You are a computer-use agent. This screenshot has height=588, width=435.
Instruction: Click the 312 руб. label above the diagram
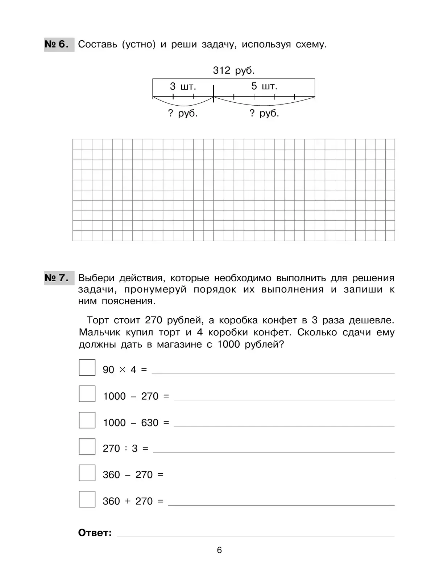click(x=233, y=70)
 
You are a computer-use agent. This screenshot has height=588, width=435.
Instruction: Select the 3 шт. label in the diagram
click(x=183, y=86)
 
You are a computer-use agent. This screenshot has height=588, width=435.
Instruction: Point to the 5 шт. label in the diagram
click(x=264, y=86)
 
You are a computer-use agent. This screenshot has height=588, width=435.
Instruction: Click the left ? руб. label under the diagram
click(x=183, y=113)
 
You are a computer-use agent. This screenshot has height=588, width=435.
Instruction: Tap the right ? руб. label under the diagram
click(x=264, y=113)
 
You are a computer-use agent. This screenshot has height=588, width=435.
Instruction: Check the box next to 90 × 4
click(x=87, y=368)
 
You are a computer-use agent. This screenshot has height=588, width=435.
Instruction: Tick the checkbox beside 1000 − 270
click(x=87, y=394)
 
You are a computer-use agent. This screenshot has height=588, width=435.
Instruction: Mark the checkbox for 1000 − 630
click(x=87, y=420)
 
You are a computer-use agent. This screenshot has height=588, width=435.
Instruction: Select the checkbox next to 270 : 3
click(x=87, y=446)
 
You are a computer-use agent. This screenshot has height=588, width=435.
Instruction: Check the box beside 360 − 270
click(x=87, y=473)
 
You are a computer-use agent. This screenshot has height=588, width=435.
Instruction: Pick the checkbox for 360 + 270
click(x=87, y=499)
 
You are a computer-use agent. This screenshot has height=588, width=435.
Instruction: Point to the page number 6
click(x=219, y=550)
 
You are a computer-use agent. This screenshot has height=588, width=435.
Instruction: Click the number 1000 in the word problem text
click(x=229, y=344)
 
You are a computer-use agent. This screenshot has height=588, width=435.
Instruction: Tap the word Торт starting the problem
click(x=98, y=320)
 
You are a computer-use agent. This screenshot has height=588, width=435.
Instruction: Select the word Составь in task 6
click(x=98, y=45)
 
